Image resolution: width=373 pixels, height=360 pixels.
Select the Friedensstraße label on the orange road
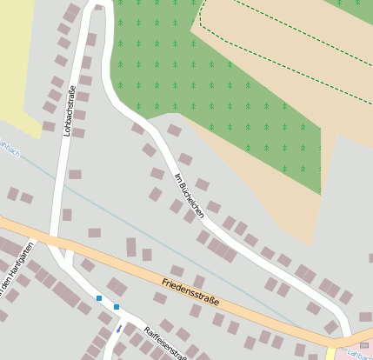tap(190, 291)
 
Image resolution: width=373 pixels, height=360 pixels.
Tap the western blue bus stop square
tap(100, 298)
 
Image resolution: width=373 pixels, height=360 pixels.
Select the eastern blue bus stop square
tap(117, 306)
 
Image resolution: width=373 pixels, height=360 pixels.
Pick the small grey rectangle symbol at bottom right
tap(363, 345)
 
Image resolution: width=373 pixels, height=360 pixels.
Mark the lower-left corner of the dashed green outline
tap(202, 25)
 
